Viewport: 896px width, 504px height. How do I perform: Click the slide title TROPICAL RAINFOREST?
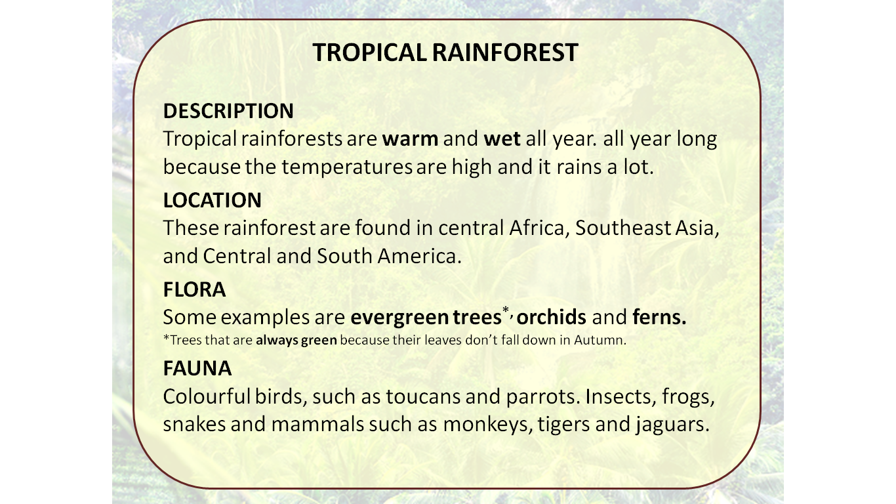coord(445,52)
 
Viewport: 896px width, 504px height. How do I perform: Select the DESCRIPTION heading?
coord(228,111)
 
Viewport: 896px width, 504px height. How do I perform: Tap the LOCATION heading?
coord(212,200)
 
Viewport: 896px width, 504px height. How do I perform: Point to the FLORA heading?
coord(194,289)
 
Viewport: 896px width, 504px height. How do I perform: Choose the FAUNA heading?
coord(197,369)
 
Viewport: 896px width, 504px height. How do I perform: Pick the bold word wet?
coord(502,140)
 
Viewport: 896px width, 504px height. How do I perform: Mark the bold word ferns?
coord(659,318)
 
